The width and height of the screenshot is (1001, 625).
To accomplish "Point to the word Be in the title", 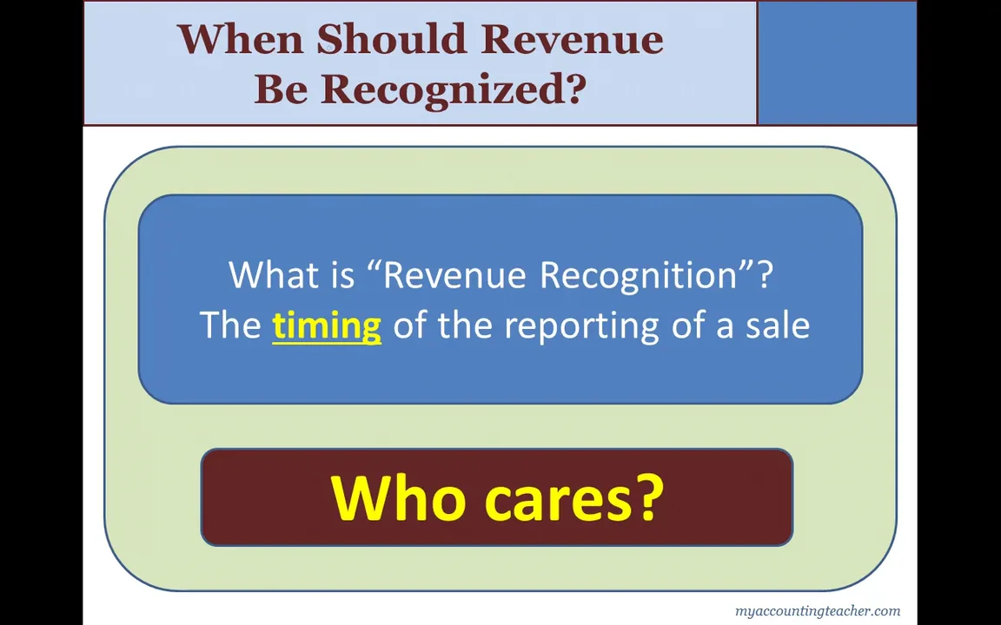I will click(x=281, y=89).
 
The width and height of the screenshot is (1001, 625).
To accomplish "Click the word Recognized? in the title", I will click(x=454, y=89).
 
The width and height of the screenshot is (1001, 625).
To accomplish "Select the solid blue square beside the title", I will click(x=837, y=62).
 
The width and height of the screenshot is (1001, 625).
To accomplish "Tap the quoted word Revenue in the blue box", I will click(x=454, y=275).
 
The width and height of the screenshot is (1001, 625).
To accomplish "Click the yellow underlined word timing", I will click(x=327, y=326).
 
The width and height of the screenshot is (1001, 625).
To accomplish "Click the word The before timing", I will click(x=230, y=326).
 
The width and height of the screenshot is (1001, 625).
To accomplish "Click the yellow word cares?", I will click(x=573, y=499).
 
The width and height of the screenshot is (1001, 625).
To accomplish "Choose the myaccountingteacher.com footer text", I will click(x=817, y=611).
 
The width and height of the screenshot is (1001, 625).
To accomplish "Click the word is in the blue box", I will click(x=342, y=275).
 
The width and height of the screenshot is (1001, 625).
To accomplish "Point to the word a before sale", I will click(x=725, y=326).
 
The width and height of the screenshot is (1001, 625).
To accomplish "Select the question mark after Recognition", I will click(x=765, y=275).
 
